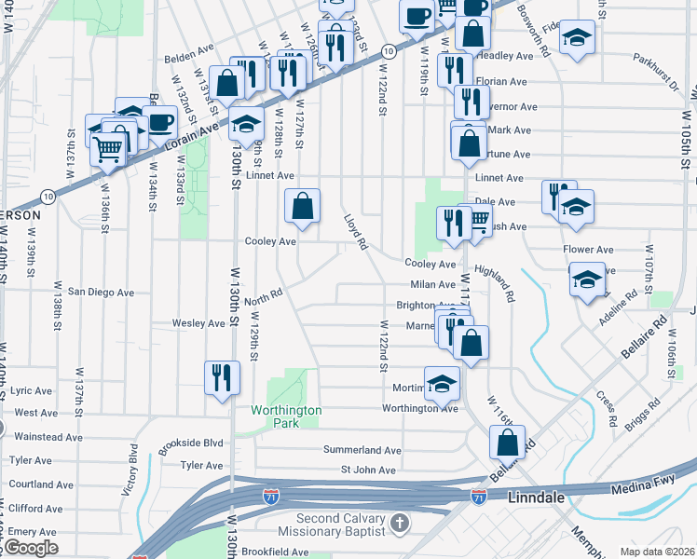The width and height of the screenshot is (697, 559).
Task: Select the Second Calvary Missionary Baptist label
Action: click(341, 525)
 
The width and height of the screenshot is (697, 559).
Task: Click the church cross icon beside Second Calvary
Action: click(400, 523)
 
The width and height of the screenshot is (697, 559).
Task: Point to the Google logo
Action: click(31, 548)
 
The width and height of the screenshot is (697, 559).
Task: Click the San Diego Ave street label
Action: click(101, 293)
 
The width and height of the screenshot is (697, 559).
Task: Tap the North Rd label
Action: click(264, 300)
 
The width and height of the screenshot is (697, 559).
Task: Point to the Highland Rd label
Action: click(494, 283)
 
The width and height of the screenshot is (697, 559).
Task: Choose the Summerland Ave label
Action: click(362, 450)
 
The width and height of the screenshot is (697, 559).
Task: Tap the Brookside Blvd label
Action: click(191, 444)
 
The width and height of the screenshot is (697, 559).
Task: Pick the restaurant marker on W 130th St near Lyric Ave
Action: click(222, 377)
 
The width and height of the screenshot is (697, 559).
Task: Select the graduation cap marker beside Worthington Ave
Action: click(442, 381)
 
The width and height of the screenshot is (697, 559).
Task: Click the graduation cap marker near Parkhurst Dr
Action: click(578, 37)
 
